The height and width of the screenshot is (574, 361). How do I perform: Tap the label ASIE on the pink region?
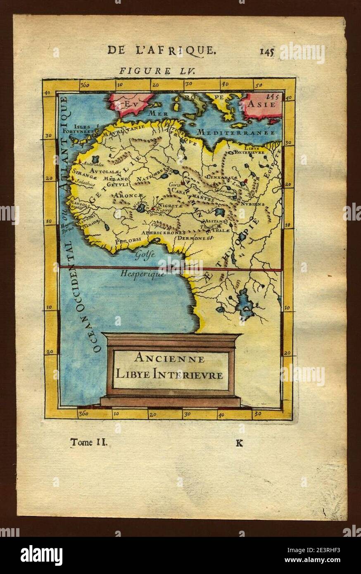tap(262, 104)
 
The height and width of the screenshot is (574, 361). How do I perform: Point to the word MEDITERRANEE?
tap(236, 133)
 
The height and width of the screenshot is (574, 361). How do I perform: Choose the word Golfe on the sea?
tap(143, 255)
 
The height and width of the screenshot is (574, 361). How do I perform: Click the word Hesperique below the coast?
tap(143, 273)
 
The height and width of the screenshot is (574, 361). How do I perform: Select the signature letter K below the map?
tap(239, 444)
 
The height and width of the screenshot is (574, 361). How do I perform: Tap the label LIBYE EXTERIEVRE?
tap(249, 149)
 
